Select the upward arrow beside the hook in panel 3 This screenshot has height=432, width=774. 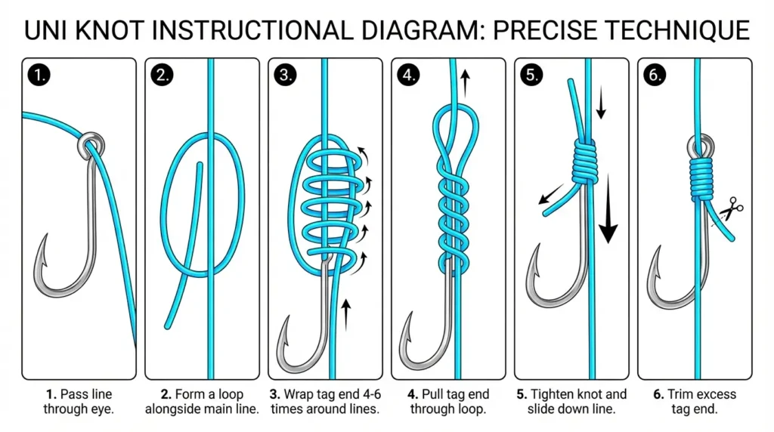[x=346, y=313]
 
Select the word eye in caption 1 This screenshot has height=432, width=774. [x=101, y=409]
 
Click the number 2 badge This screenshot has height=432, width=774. [x=160, y=75]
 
